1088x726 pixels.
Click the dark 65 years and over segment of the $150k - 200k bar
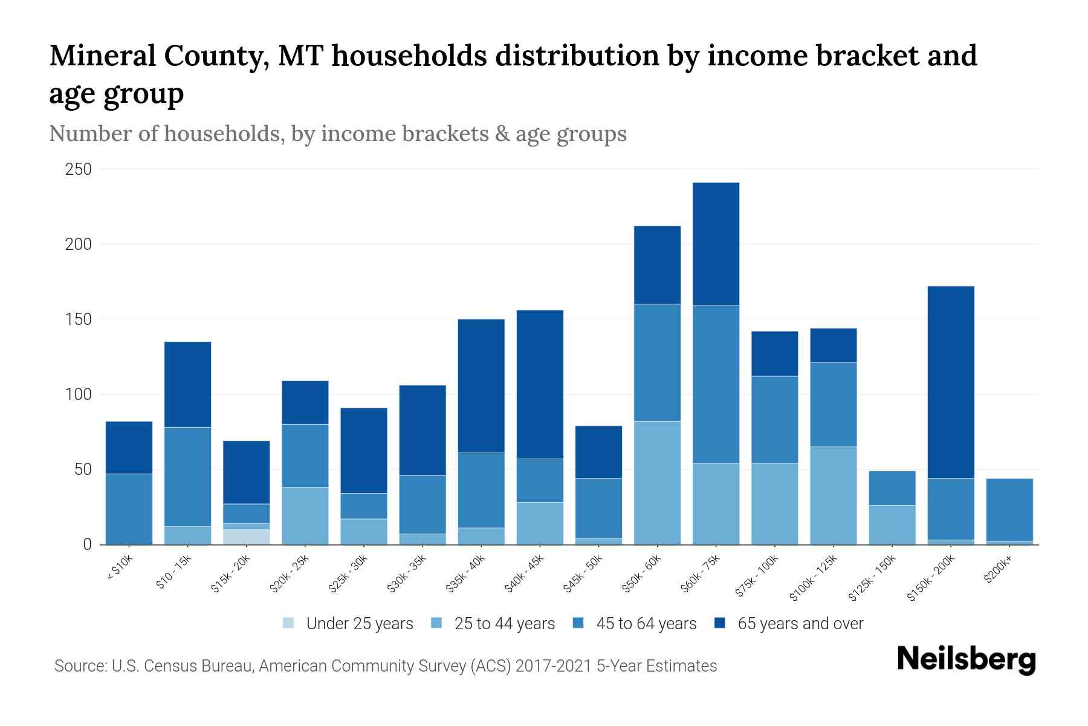[x=951, y=382]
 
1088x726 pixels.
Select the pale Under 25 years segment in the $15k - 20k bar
[x=246, y=537]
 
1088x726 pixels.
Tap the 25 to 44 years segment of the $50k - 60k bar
[x=657, y=483]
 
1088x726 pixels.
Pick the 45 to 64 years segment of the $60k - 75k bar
[x=716, y=384]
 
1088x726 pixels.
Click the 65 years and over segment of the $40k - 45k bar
[x=540, y=384]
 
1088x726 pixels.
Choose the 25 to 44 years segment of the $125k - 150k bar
[x=892, y=525]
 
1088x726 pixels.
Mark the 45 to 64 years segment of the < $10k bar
[x=129, y=508]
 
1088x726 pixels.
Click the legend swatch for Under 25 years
[x=289, y=623]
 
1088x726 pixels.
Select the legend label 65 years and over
[x=800, y=624]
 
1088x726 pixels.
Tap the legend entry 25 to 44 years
[x=504, y=624]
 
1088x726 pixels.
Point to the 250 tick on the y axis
[x=79, y=169]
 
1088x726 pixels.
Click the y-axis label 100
[x=79, y=394]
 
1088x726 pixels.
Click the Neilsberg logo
[x=966, y=659]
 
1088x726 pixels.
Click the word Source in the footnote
[x=79, y=666]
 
